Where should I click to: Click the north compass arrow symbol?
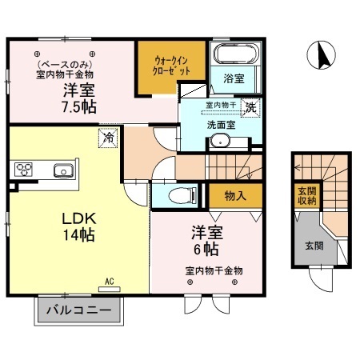[x=322, y=55]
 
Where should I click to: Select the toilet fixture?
[x=182, y=194]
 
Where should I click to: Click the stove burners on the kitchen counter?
[x=23, y=170]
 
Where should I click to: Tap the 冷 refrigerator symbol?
[x=107, y=138]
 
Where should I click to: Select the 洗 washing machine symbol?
[x=250, y=107]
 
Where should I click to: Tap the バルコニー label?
[x=77, y=310]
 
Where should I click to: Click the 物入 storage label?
[x=233, y=194]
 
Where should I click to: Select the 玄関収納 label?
[x=307, y=196]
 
